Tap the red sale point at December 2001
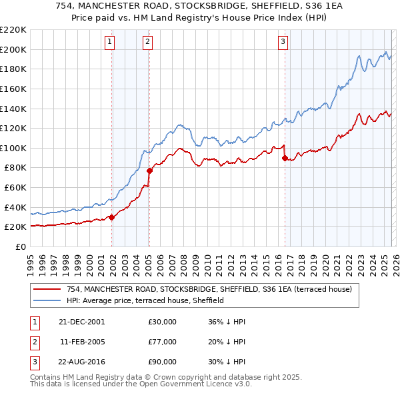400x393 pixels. click(x=111, y=216)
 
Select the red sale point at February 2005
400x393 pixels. click(x=149, y=171)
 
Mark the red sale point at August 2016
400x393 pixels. click(x=285, y=158)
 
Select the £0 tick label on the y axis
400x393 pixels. click(x=20, y=246)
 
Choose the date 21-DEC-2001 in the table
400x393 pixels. click(x=82, y=321)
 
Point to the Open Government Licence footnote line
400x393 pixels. click(x=141, y=385)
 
